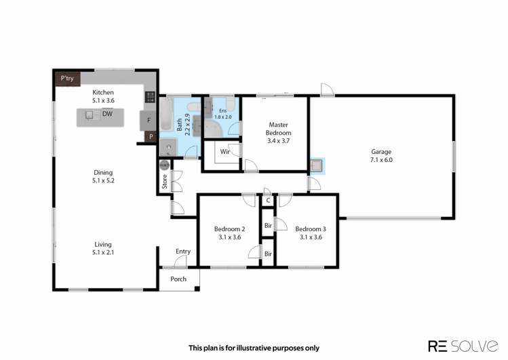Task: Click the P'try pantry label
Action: click(x=67, y=79)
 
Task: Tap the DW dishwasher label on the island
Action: click(x=107, y=114)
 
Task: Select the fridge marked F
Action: click(x=148, y=121)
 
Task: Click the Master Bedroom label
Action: click(x=278, y=129)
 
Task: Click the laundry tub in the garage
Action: click(x=317, y=166)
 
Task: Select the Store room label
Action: click(x=164, y=182)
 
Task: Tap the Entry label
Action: click(x=182, y=252)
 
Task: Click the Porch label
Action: click(x=178, y=279)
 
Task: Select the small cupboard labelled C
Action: click(x=268, y=201)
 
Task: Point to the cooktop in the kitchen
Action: click(x=150, y=97)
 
